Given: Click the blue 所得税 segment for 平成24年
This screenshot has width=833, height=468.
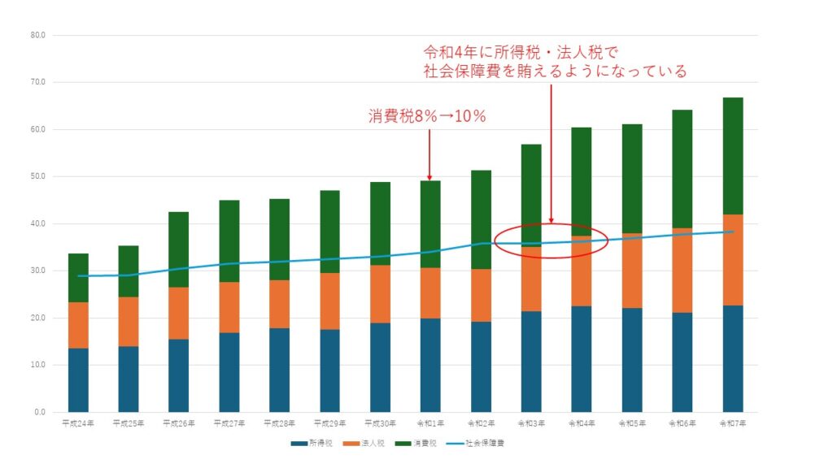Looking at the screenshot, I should pyautogui.click(x=78, y=379).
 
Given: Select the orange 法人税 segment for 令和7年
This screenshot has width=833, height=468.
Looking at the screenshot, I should pyautogui.click(x=732, y=260).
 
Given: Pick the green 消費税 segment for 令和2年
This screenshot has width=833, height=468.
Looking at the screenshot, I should pyautogui.click(x=481, y=219).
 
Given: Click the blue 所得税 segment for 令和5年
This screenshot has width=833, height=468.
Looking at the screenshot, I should pyautogui.click(x=632, y=360).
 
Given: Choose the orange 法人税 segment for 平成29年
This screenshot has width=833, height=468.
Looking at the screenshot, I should pyautogui.click(x=329, y=301).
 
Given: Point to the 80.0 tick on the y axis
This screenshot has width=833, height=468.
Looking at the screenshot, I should pyautogui.click(x=37, y=36).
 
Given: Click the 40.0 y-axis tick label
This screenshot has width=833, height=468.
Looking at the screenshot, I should pyautogui.click(x=37, y=224).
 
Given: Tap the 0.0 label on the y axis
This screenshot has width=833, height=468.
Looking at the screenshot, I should pyautogui.click(x=39, y=413).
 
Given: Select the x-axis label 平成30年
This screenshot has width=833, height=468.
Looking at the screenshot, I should pyautogui.click(x=380, y=423).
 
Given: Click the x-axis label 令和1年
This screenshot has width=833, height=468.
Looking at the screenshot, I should pyautogui.click(x=430, y=423).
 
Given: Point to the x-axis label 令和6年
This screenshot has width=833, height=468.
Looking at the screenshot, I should pyautogui.click(x=682, y=423).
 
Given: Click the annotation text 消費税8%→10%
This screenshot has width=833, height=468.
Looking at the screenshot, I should pyautogui.click(x=427, y=116).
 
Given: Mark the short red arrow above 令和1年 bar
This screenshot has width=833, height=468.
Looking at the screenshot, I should pyautogui.click(x=430, y=154).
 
